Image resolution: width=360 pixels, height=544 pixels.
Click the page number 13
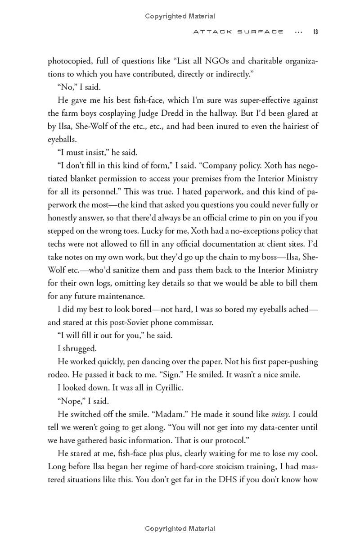tap(315, 32)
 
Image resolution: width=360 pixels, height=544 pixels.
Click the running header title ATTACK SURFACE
tap(238, 32)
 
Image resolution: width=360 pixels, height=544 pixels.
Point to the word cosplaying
tap(136, 113)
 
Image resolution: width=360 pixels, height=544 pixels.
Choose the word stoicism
tap(216, 453)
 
